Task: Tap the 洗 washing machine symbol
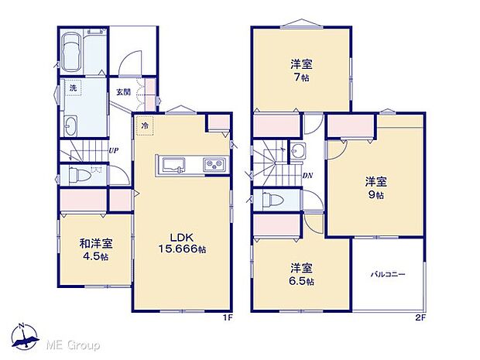(x=72, y=89)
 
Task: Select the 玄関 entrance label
(x=123, y=92)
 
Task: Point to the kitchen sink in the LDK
(x=171, y=166)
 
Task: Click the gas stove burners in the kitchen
(x=213, y=165)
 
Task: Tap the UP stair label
(x=113, y=150)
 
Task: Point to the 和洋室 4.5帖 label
(x=94, y=249)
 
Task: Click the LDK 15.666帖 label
(x=183, y=243)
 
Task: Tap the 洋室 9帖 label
(x=375, y=188)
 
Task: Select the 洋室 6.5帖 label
(x=302, y=274)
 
